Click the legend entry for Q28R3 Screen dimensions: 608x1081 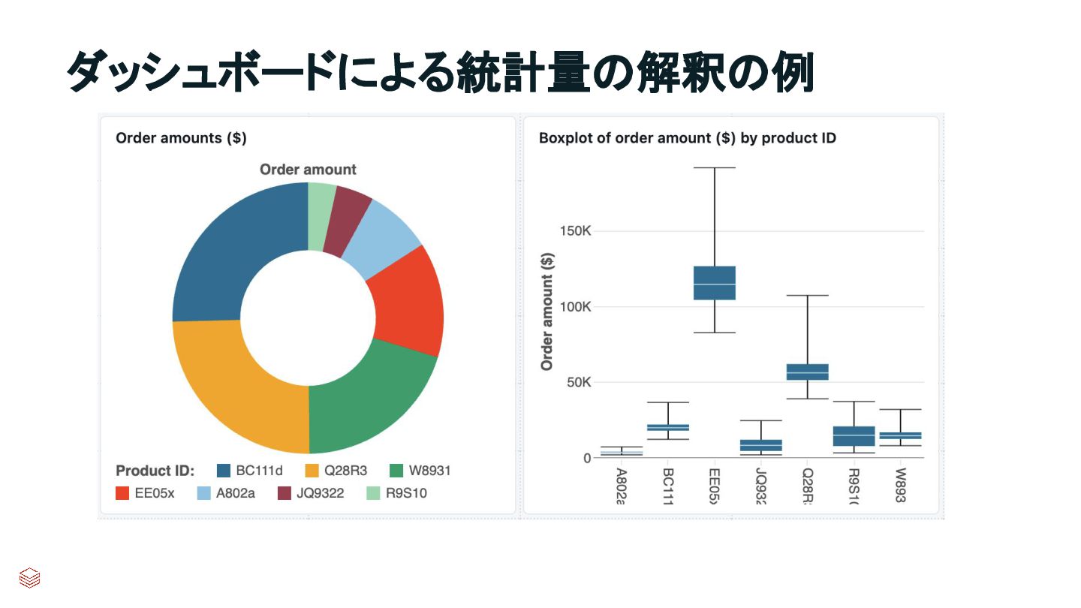(x=336, y=471)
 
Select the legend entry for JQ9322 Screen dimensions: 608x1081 (x=311, y=494)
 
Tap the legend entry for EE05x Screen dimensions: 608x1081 (x=145, y=494)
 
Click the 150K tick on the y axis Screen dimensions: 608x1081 (x=576, y=231)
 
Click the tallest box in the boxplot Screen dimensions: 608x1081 (x=714, y=283)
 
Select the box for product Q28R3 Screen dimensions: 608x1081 (x=807, y=372)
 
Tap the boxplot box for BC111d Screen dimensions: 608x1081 (x=667, y=428)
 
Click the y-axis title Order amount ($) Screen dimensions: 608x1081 (x=547, y=311)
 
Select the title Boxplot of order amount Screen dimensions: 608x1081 (x=687, y=138)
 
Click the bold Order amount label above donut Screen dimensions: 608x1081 (x=308, y=170)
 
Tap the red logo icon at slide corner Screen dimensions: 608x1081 (x=30, y=578)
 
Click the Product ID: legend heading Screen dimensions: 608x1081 (x=155, y=471)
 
